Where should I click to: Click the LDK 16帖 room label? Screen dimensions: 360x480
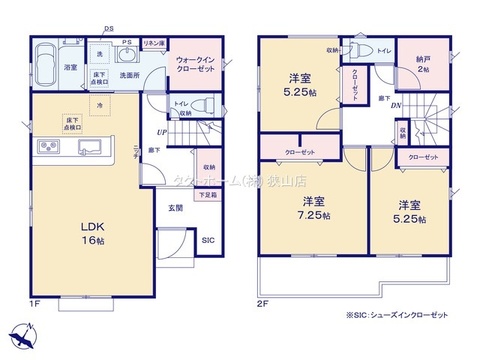(92, 232)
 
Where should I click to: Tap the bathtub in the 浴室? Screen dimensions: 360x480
(45, 57)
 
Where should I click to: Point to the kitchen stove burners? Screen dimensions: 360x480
(48, 151)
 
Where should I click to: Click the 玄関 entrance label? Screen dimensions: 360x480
(174, 207)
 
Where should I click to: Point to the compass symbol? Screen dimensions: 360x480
(19, 335)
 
